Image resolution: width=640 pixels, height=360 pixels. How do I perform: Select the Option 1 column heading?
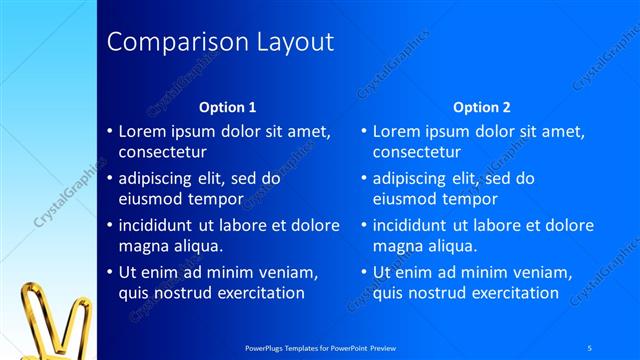coord(228,107)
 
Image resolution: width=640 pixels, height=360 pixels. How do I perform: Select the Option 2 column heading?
coord(481,107)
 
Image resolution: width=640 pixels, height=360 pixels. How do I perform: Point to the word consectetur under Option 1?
coord(163,152)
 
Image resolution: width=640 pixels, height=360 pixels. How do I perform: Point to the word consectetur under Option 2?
coord(417,152)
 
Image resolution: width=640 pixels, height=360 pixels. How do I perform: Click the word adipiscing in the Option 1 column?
coord(160,179)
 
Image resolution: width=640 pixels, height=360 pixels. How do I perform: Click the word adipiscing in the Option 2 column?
coord(414,179)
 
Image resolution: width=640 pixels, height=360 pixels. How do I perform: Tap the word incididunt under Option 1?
coord(159,225)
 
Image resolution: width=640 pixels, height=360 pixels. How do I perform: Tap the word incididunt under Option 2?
coord(413,225)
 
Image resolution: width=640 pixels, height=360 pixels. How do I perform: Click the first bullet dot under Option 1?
coord(110,131)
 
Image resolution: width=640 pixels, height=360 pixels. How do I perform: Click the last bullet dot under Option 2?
coord(364,272)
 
